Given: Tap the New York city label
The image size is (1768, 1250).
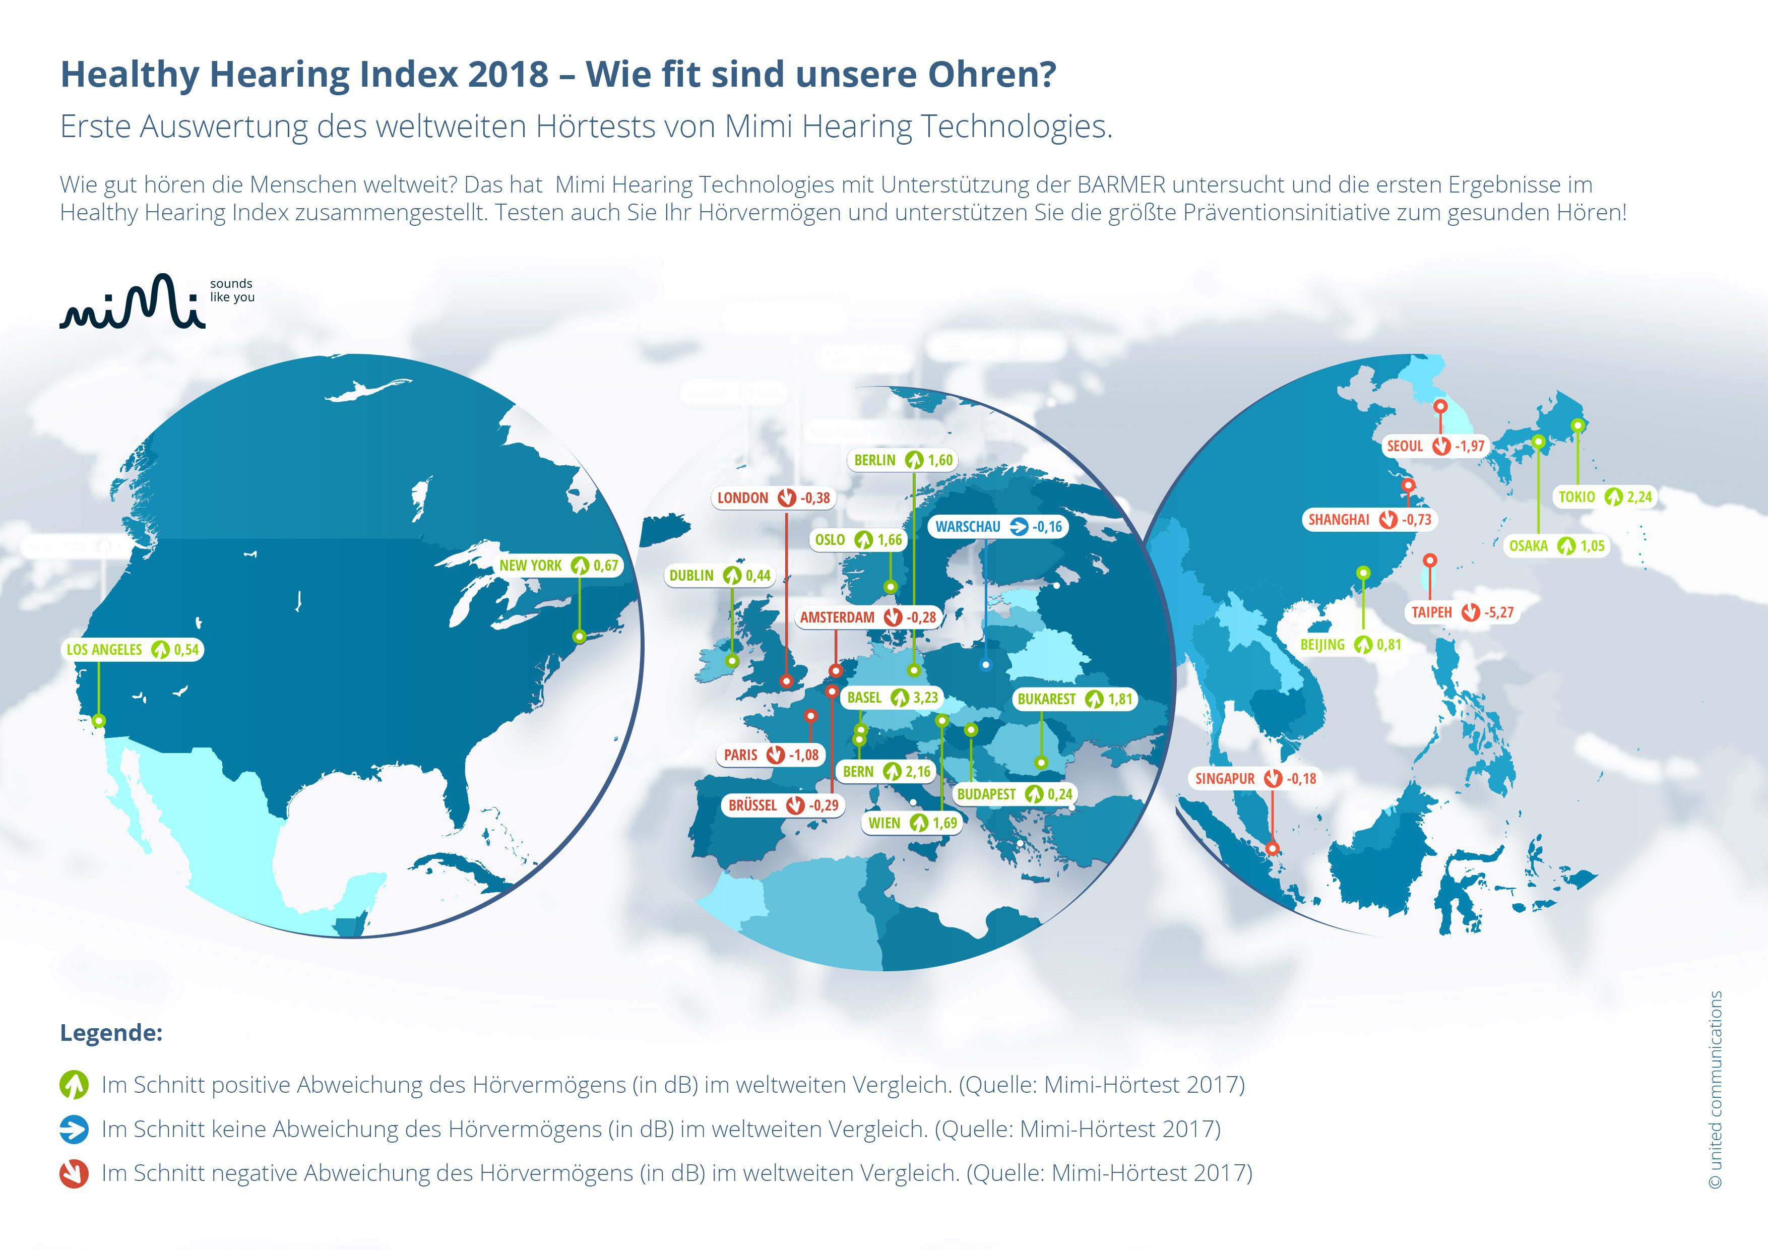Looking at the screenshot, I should pyautogui.click(x=531, y=566).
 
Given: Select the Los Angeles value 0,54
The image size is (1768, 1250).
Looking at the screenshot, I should pyautogui.click(x=186, y=649).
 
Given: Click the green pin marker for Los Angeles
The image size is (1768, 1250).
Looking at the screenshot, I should pyautogui.click(x=99, y=721).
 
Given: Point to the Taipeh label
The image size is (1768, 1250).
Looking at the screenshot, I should pyautogui.click(x=1431, y=612).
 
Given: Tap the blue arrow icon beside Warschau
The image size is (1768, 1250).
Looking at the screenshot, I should pyautogui.click(x=1019, y=527).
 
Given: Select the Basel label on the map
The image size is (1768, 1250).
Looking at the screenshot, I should pyautogui.click(x=864, y=698).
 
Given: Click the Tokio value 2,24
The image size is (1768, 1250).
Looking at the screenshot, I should pyautogui.click(x=1639, y=497).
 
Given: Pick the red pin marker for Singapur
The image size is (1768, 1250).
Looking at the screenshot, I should pyautogui.click(x=1272, y=848).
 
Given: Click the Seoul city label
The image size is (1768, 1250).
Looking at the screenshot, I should pyautogui.click(x=1405, y=446).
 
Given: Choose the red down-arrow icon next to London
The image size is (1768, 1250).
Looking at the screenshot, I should pyautogui.click(x=786, y=497).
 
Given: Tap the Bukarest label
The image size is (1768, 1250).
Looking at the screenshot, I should pyautogui.click(x=1046, y=699).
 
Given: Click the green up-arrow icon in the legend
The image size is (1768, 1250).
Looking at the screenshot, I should pyautogui.click(x=74, y=1085).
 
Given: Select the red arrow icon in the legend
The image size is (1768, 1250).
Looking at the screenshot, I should pyautogui.click(x=74, y=1174).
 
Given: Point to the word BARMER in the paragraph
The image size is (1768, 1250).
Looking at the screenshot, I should pyautogui.click(x=1120, y=185).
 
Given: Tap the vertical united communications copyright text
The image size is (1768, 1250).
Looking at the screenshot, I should pyautogui.click(x=1715, y=1089).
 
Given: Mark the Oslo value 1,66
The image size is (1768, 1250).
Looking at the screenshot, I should pyautogui.click(x=890, y=540).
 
